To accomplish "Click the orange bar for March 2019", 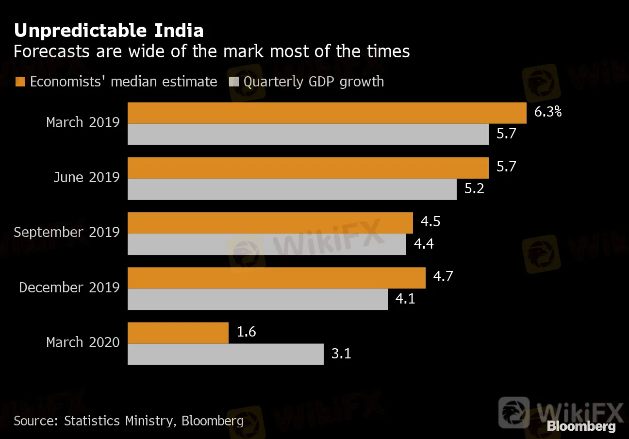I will click(327, 113).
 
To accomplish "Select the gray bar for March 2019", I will click(308, 135).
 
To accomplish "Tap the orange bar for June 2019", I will click(308, 168).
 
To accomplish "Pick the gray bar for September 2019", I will click(266, 244).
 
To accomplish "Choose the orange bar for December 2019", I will click(276, 278).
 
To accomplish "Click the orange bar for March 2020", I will click(178, 333).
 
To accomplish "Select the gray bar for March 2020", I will click(225, 354).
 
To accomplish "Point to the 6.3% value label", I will click(547, 112).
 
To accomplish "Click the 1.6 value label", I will click(246, 332).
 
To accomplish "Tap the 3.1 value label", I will click(341, 354).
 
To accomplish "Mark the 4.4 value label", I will click(424, 244).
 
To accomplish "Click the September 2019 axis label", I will click(66, 232).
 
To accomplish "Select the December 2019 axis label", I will click(69, 287).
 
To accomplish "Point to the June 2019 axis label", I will click(86, 177).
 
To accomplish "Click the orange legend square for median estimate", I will click(20, 82).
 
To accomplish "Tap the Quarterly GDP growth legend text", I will click(314, 82).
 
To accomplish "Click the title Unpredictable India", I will click(109, 31).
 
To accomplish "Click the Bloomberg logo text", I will click(581, 426).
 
